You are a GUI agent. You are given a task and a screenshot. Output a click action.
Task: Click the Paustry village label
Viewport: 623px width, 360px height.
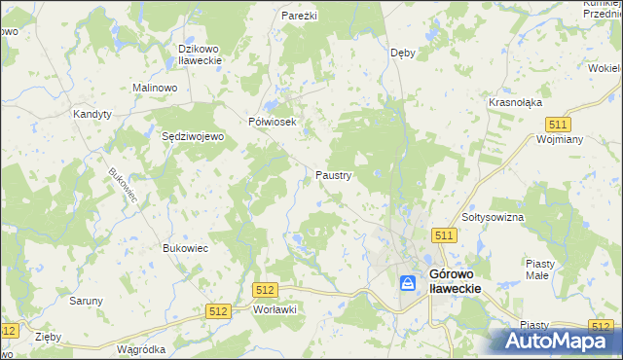334,176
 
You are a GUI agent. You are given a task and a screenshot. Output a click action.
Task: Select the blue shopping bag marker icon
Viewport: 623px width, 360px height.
408,282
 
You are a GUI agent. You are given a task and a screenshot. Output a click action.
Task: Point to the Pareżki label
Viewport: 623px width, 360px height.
300,17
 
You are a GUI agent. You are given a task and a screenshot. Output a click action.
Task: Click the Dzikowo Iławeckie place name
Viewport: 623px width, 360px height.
201,54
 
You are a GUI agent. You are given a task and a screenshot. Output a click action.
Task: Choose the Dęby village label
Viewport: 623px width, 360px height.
402,53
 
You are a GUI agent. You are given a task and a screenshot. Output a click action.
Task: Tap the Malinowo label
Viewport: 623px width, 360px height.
154,88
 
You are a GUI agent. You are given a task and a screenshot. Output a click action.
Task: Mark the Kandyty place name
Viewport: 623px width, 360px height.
92,114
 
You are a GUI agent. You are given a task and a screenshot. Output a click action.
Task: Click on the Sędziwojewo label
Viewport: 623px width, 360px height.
193,137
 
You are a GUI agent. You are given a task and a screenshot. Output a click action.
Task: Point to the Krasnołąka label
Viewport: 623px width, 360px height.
515,102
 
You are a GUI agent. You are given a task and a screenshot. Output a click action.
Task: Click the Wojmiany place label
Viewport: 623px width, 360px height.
559,139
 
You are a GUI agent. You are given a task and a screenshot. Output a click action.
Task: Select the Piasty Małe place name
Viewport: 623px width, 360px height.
540,270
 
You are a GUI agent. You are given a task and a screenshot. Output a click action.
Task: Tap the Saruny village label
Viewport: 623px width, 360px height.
86,301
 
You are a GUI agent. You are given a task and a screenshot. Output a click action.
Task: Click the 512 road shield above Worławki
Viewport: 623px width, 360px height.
265,290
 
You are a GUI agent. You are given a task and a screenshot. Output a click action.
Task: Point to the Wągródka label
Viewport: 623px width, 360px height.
140,348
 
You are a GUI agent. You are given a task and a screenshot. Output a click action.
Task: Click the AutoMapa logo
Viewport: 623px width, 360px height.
560,341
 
